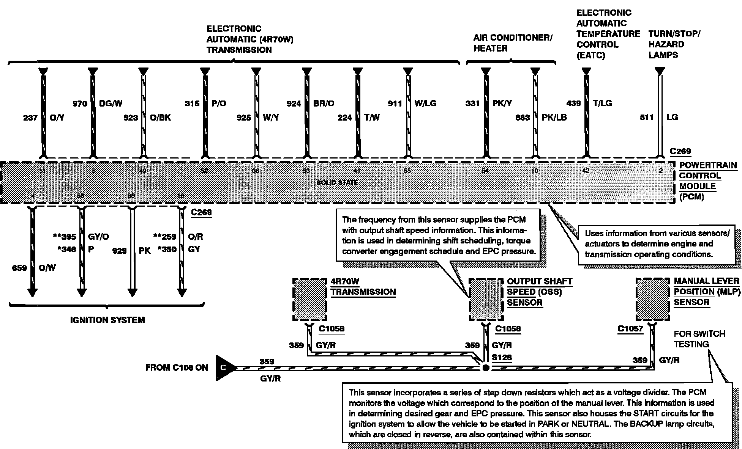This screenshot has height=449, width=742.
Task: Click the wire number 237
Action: (x=30, y=118)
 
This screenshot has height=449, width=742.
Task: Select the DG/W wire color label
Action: (x=111, y=104)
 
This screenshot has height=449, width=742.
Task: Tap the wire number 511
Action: (x=647, y=118)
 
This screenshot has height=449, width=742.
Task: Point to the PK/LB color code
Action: (x=554, y=118)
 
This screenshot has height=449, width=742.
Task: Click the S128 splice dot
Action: (x=485, y=367)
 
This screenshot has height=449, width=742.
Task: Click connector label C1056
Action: (x=332, y=328)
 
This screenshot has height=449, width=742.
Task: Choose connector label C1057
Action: (x=630, y=328)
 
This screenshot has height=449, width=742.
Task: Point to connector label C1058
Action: (x=508, y=328)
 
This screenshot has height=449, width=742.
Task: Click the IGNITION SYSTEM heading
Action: (x=107, y=320)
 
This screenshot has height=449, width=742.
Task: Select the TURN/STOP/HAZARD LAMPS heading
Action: (x=674, y=44)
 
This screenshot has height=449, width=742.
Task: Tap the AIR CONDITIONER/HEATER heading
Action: (x=513, y=43)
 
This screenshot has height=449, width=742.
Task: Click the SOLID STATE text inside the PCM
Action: (x=337, y=183)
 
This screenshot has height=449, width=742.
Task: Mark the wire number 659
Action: (x=19, y=268)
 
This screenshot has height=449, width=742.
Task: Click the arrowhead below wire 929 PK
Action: (x=132, y=293)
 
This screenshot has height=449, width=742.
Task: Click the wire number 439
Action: (x=573, y=104)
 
